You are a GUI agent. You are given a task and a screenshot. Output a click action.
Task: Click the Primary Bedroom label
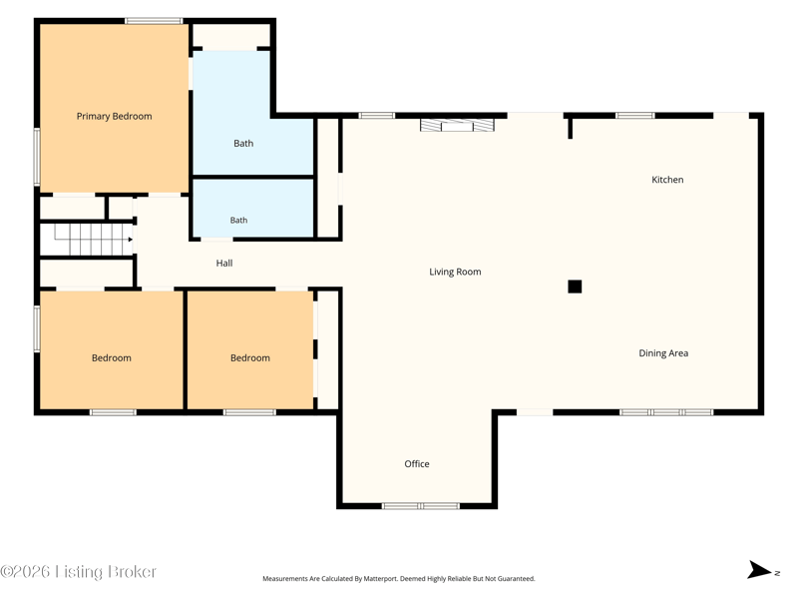(x=114, y=116)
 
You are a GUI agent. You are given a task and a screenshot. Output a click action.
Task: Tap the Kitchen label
(x=667, y=180)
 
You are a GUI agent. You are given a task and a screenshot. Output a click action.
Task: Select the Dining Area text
(x=663, y=353)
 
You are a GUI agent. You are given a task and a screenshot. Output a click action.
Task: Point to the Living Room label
(x=455, y=272)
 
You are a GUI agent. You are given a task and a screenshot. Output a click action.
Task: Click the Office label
(x=417, y=464)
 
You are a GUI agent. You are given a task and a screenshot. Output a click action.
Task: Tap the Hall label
(x=224, y=263)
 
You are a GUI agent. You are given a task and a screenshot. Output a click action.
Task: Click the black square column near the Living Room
(x=575, y=287)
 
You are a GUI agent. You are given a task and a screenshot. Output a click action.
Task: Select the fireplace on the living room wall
(x=457, y=125)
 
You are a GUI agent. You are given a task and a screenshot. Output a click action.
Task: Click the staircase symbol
(x=87, y=239)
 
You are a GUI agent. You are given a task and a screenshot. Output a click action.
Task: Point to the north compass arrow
(x=759, y=569)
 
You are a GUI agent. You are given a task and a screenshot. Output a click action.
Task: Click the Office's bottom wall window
(x=420, y=506)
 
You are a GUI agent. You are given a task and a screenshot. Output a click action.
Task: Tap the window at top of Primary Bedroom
(x=154, y=21)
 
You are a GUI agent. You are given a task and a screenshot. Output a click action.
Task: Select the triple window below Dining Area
(x=666, y=412)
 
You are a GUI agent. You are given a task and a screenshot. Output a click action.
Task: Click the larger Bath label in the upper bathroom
(x=243, y=144)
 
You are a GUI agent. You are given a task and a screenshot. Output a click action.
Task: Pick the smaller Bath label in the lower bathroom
(x=238, y=220)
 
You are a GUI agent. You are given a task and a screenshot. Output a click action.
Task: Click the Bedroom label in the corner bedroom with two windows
(x=112, y=358)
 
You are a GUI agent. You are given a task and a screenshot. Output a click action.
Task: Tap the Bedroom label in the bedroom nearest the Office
(x=250, y=358)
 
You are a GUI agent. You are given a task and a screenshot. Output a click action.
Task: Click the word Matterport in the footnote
(x=380, y=579)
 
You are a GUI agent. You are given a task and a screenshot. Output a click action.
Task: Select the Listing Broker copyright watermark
(x=78, y=571)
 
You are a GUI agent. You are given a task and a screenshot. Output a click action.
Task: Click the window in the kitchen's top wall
(x=635, y=116)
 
